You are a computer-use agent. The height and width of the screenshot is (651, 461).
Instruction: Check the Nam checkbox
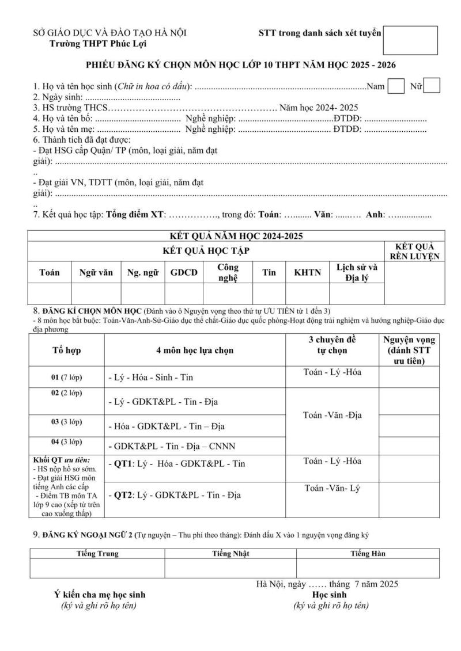396,86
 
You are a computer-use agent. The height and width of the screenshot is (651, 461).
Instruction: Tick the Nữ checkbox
432,86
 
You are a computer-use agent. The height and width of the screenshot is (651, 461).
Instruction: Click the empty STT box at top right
410,40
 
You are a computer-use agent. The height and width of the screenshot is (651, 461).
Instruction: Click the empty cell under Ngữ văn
96,294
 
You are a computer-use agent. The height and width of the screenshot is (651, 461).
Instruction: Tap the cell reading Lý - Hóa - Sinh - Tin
151,378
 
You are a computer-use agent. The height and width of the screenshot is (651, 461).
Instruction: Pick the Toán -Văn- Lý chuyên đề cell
332,489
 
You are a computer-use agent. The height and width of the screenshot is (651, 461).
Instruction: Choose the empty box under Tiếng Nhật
231,568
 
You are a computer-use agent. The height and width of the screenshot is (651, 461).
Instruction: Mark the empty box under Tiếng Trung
97,568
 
